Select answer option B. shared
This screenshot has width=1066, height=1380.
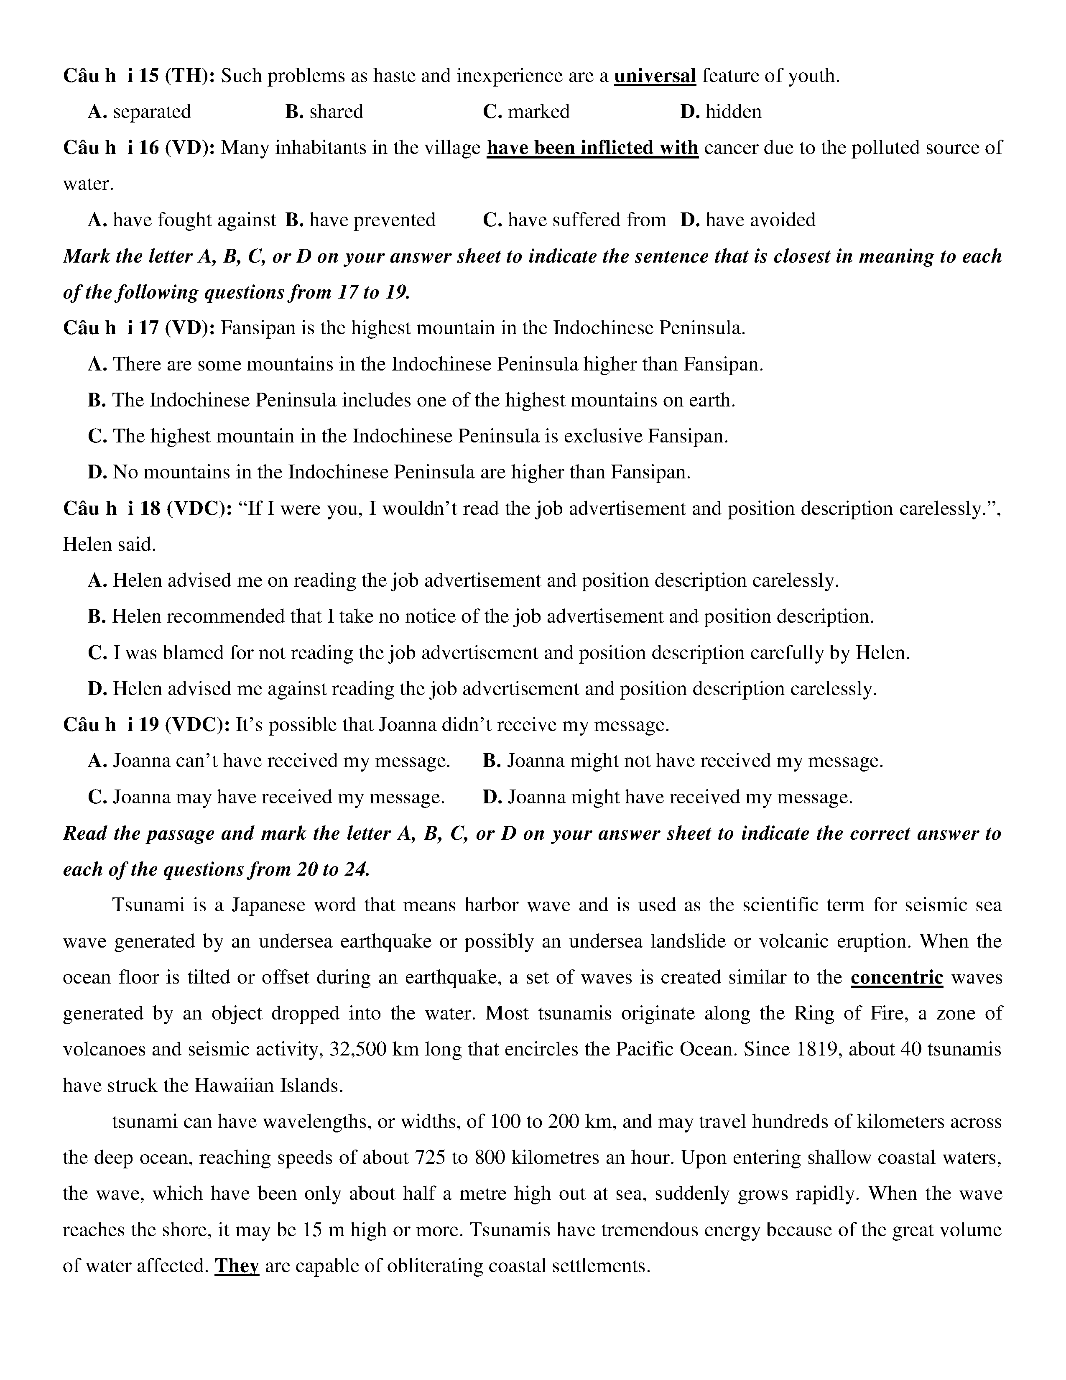324,112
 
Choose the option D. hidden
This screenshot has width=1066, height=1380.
721,112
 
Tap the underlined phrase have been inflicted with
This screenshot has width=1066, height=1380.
592,148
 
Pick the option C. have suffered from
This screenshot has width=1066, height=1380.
574,220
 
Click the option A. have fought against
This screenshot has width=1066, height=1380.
182,220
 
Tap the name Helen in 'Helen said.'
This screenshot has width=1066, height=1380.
85,544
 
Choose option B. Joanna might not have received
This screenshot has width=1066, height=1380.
683,761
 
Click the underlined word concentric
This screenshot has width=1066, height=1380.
896,978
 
